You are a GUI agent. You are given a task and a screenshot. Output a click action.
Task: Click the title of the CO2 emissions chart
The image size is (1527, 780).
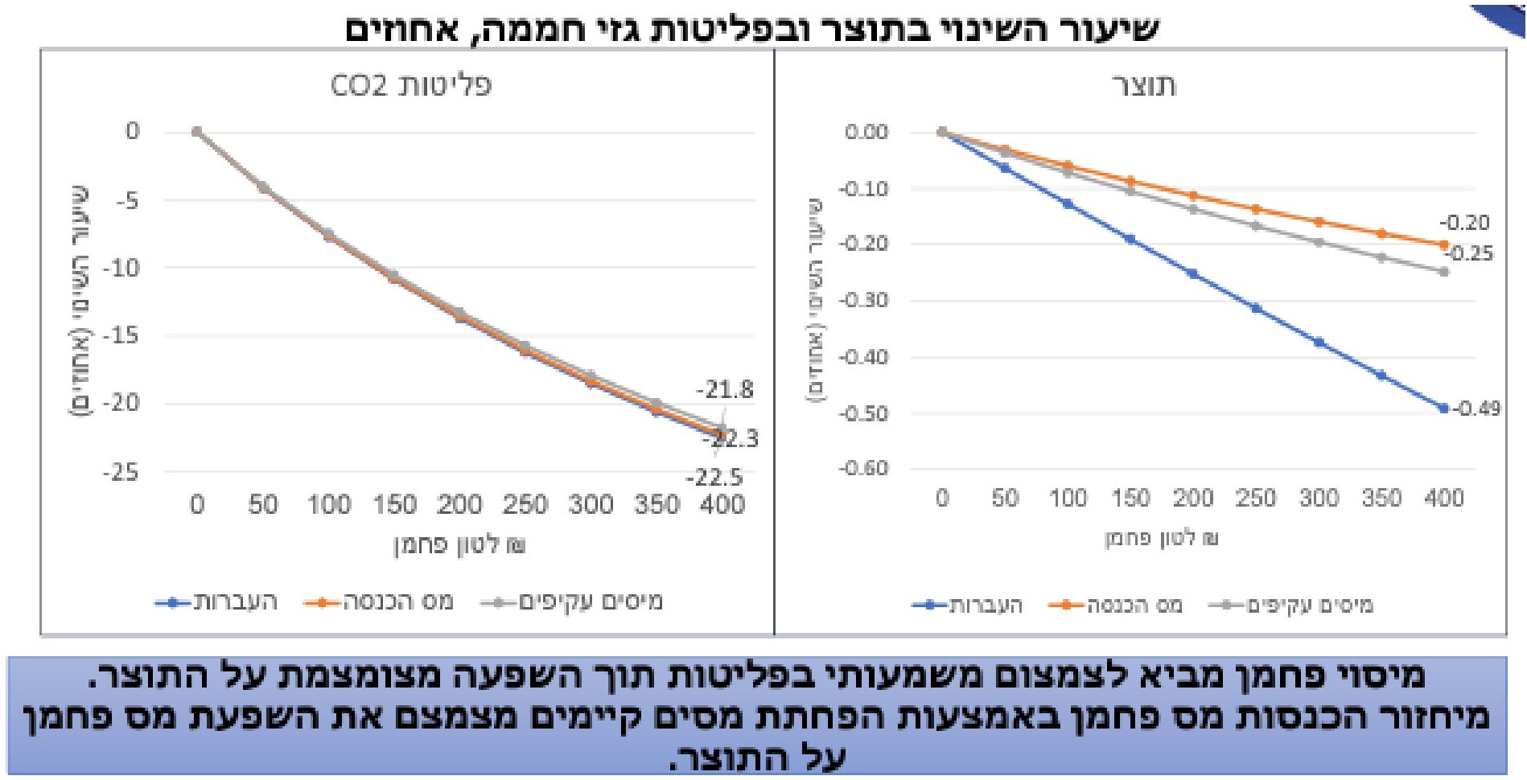coord(410,85)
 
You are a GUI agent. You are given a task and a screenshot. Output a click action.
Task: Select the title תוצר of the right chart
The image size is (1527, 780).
coord(1143,85)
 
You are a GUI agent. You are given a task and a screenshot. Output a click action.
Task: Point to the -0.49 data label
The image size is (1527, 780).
coord(1477,408)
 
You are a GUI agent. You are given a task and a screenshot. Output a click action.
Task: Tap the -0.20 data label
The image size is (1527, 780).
coord(1464,223)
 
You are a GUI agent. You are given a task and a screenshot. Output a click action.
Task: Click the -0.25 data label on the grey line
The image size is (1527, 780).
coord(1468,254)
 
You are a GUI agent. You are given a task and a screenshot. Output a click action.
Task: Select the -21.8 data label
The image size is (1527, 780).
coord(724,390)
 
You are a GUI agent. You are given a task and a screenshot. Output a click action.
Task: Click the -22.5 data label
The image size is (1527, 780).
coord(714,478)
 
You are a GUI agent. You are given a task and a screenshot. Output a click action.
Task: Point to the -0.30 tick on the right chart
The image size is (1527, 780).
coord(863,300)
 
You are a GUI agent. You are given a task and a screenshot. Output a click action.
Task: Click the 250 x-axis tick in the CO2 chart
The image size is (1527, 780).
coord(525,505)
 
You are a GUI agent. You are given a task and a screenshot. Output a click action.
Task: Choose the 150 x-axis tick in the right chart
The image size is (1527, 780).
coord(1130,499)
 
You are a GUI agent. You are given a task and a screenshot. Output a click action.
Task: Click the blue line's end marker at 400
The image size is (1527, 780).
coord(1443,408)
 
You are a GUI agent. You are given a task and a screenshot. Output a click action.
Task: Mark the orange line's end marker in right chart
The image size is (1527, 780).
coord(1443,244)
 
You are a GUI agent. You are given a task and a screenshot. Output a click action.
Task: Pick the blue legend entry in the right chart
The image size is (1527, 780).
coord(968,606)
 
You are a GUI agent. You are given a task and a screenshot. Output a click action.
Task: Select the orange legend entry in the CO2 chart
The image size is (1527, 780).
coord(379,602)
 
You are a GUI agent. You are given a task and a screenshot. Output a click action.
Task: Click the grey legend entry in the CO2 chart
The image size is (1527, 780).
coord(572,602)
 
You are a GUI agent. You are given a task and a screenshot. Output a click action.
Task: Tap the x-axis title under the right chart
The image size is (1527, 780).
coord(1161,538)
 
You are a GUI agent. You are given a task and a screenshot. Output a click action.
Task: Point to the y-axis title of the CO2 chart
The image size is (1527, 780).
coord(81,302)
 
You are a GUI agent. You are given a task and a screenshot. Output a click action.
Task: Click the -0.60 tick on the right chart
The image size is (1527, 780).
coord(863,468)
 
